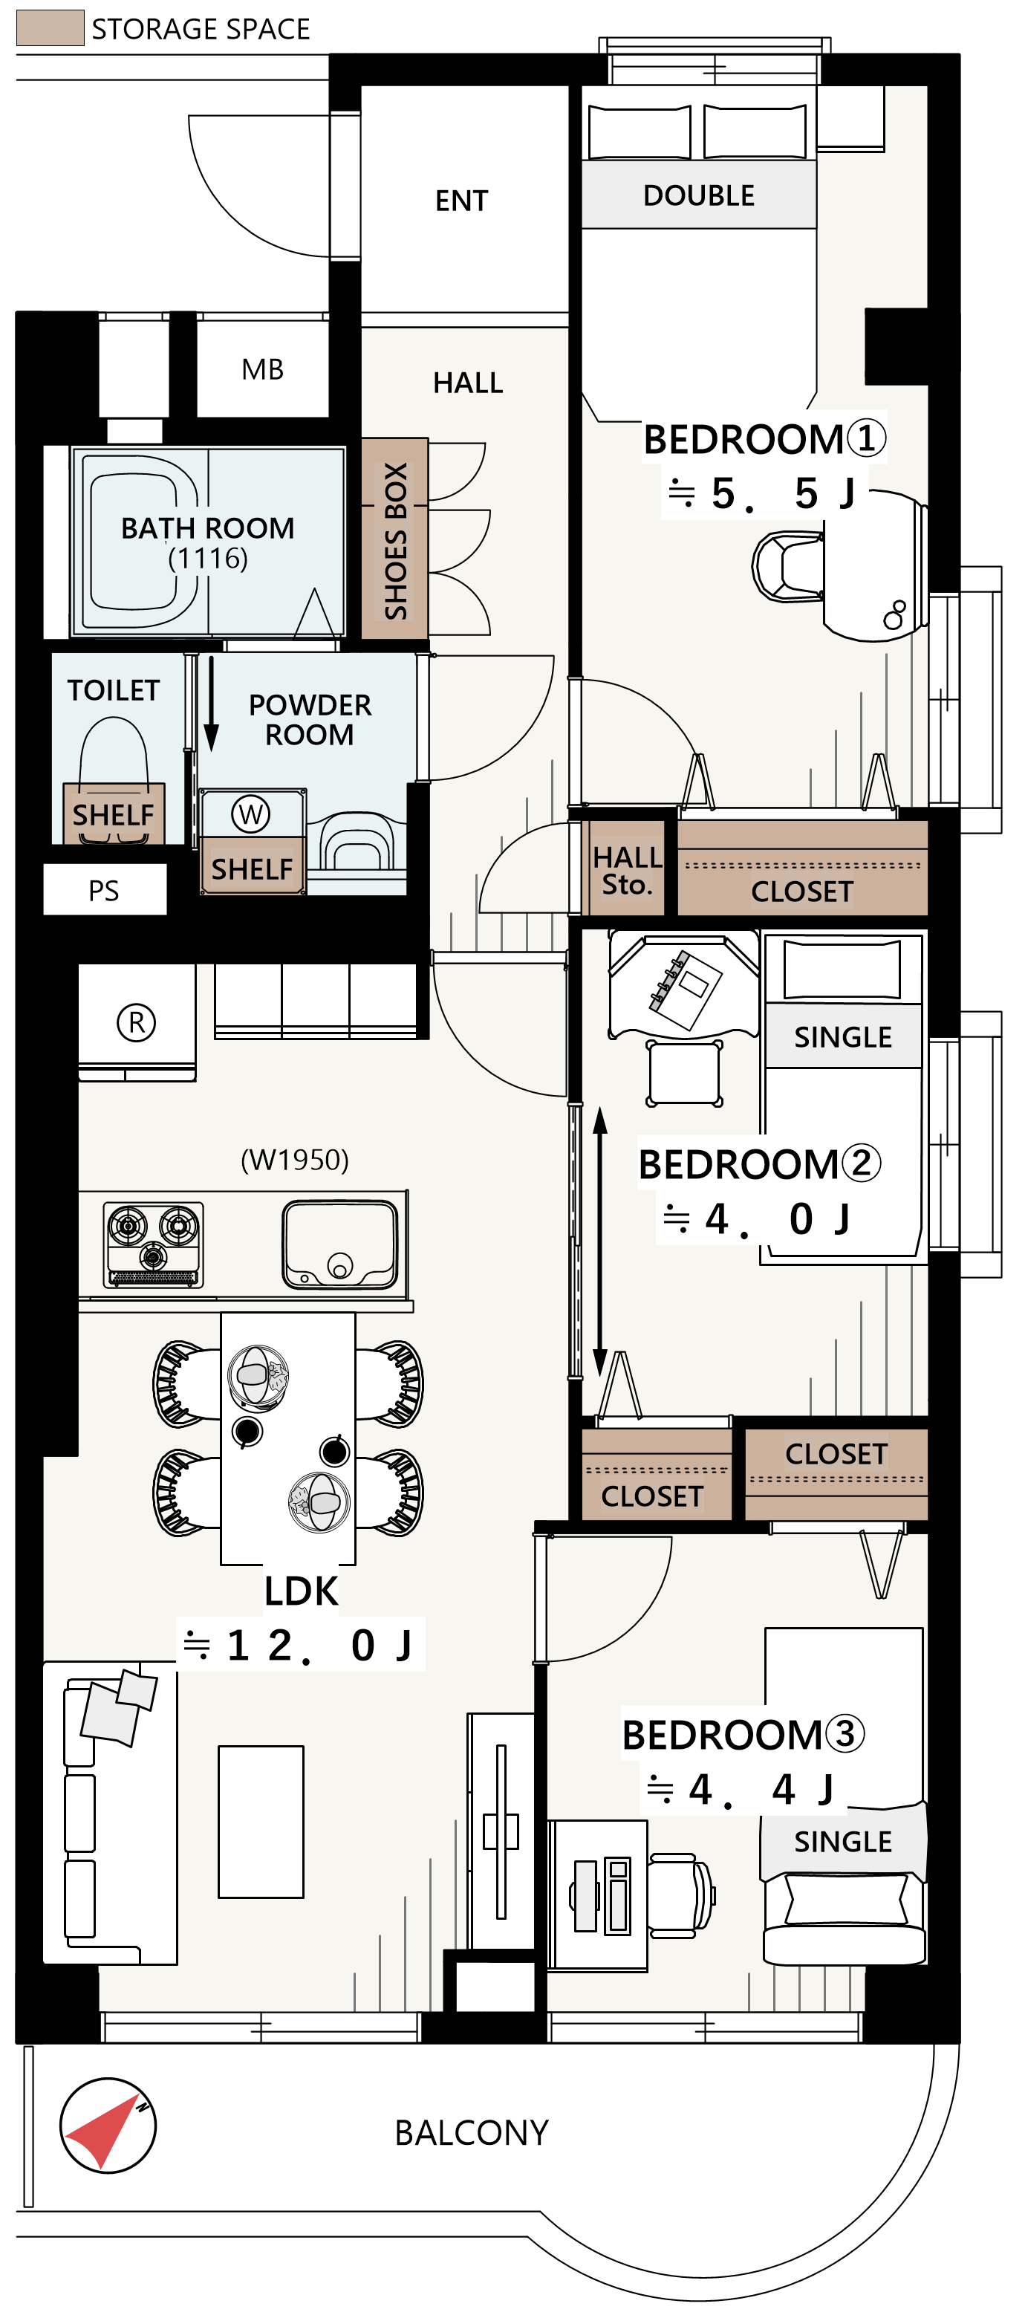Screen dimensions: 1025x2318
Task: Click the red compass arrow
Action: [103, 2131]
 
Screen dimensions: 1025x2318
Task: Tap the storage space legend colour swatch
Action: [51, 28]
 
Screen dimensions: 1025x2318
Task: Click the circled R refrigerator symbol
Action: [136, 1022]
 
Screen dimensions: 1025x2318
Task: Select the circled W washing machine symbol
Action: [250, 814]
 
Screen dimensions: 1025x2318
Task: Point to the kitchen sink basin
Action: [339, 1244]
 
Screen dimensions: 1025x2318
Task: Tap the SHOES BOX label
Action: [395, 541]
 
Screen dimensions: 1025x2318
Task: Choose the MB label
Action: [263, 369]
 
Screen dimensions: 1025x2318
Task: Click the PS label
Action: [103, 891]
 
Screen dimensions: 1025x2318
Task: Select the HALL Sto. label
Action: [627, 870]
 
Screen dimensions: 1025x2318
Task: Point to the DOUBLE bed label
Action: [698, 195]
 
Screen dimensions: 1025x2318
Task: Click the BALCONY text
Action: [472, 2132]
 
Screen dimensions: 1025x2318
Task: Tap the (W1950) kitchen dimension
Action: [295, 1160]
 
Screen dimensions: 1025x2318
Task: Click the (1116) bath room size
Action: [208, 559]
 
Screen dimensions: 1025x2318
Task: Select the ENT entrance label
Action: [462, 201]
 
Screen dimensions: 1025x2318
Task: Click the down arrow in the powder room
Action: [212, 704]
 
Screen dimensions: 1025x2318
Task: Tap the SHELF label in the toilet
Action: [114, 815]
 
